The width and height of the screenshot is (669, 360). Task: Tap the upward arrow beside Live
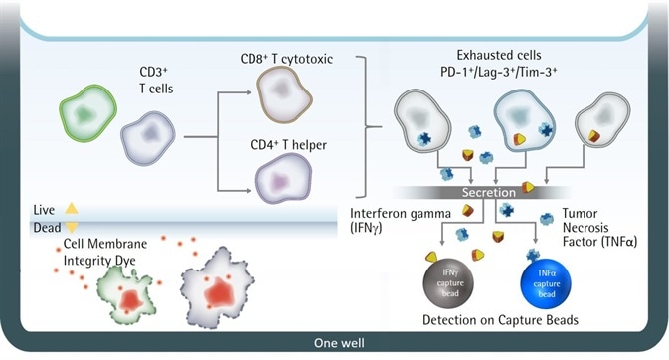71,209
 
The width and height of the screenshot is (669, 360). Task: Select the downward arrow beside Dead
71,228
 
